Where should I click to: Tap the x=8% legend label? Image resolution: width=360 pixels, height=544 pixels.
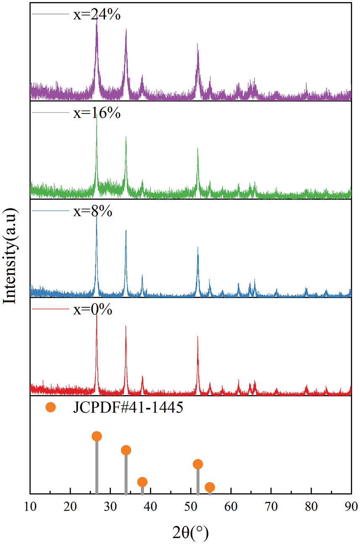point(93,211)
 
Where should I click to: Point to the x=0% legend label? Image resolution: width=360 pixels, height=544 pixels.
point(93,310)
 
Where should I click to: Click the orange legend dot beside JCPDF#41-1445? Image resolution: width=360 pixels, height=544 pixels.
point(50,407)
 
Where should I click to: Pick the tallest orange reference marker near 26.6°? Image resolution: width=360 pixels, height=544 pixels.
point(97,436)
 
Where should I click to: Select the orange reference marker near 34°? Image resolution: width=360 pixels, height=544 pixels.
point(126,450)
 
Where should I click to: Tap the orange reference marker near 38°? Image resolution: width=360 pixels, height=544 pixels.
point(142,482)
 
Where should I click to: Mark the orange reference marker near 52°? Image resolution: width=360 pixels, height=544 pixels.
point(198,464)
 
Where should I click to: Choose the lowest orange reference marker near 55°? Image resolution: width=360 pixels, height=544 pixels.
point(210,487)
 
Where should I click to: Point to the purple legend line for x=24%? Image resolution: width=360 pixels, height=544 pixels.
point(50,15)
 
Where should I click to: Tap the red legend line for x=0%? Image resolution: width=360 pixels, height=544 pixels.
point(50,310)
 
